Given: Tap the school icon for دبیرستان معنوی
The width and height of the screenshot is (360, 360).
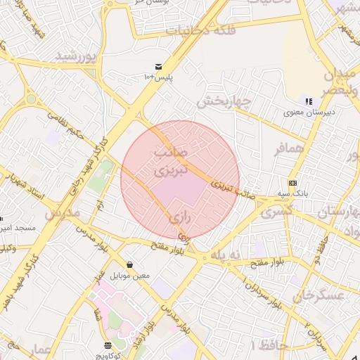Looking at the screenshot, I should (x=309, y=101).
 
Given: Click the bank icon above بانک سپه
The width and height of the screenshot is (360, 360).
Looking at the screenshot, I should (x=292, y=182).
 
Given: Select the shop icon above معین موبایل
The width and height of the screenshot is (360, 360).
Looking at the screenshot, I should (x=129, y=265).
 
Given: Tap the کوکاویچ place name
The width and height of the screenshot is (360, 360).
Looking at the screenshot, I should (x=108, y=355).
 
